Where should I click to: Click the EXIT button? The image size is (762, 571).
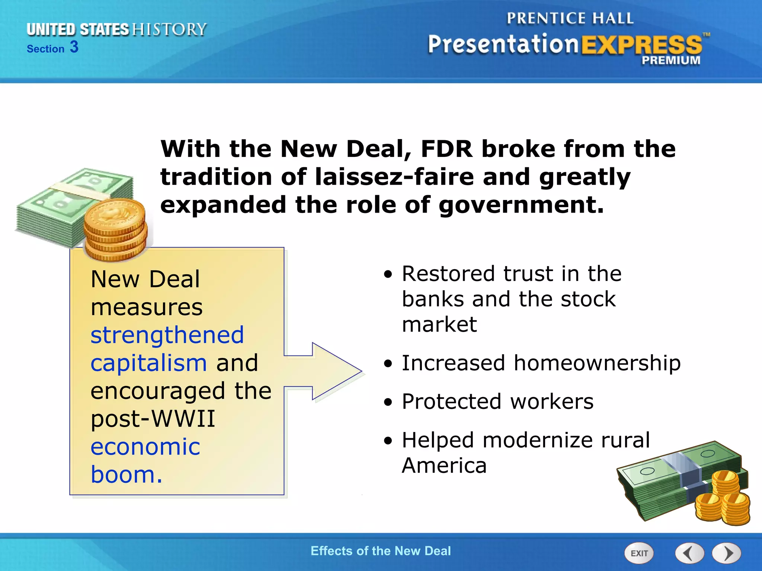coord(639,553)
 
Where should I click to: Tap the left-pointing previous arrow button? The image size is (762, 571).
coord(689,553)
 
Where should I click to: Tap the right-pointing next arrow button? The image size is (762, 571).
coord(727,553)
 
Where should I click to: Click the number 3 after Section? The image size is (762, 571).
coord(74,47)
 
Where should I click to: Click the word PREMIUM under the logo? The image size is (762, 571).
coord(670,60)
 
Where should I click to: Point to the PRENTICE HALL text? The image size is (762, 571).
coord(570,18)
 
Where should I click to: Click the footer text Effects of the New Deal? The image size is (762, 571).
coord(381,551)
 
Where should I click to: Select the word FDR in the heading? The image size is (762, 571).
coord(446,149)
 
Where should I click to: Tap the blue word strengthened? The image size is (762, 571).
coord(167,335)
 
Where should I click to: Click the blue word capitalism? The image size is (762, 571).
coord(148,363)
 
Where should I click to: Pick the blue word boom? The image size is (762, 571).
coord(127,475)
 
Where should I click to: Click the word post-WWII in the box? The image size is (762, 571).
coord(153,419)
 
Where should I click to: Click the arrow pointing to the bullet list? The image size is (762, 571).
coord(327,371)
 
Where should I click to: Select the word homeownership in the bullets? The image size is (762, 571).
coord(597,363)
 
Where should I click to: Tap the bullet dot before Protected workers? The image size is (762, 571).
coord(388,402)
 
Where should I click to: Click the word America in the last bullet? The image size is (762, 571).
coord(444,465)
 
